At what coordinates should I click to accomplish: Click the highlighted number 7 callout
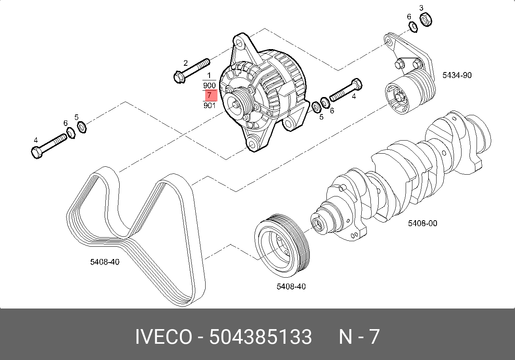(x=210, y=95)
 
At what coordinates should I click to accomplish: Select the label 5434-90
(x=457, y=75)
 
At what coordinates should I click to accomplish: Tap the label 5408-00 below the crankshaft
(x=422, y=223)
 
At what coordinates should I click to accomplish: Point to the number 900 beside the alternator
(x=209, y=86)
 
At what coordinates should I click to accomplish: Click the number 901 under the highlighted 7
(x=209, y=105)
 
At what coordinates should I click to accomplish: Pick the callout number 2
(x=185, y=63)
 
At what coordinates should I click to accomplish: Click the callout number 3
(x=421, y=8)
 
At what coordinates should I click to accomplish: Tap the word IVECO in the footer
(x=163, y=337)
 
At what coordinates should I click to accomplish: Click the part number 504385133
(x=260, y=337)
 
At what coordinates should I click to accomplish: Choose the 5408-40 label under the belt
(x=105, y=262)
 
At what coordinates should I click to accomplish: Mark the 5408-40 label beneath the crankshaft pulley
(x=291, y=286)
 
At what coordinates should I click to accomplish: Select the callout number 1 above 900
(x=209, y=75)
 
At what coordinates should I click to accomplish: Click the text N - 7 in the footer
(x=359, y=337)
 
